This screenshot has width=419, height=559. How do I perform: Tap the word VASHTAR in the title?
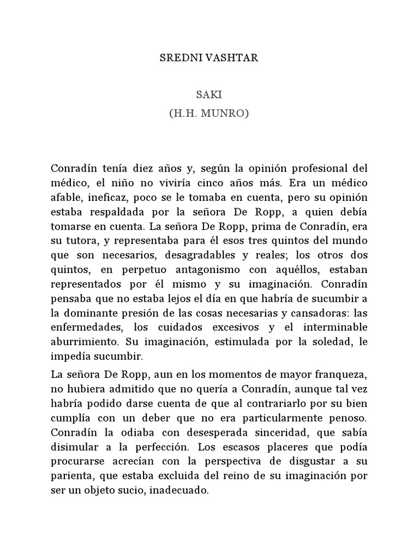(x=228, y=58)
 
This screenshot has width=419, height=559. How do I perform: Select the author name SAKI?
(x=209, y=95)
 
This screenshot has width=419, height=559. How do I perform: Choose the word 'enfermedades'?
(x=82, y=327)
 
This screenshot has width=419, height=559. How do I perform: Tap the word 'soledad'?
(x=329, y=341)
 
